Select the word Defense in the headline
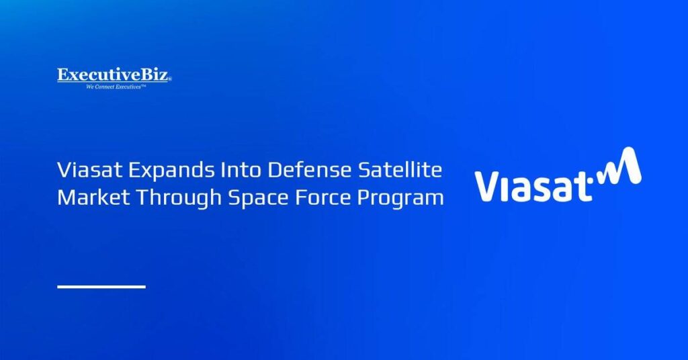(x=309, y=170)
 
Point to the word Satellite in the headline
(x=400, y=170)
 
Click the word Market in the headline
(x=93, y=197)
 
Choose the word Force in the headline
(x=322, y=197)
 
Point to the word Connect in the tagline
(x=105, y=87)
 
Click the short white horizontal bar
(x=101, y=287)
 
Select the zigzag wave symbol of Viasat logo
(x=619, y=166)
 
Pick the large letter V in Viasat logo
(x=489, y=187)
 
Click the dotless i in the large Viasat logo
(x=510, y=189)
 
